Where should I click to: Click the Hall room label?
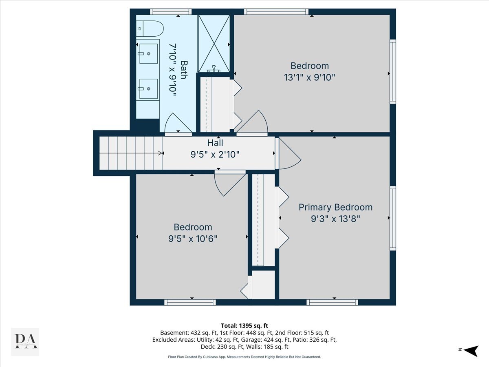pyautogui.click(x=215, y=143)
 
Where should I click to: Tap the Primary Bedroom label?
pyautogui.click(x=335, y=208)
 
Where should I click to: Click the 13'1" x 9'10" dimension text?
pyautogui.click(x=309, y=77)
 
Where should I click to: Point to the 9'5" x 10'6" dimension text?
pyautogui.click(x=193, y=239)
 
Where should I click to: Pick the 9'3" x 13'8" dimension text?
pyautogui.click(x=335, y=219)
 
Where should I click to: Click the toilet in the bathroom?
pyautogui.click(x=150, y=29)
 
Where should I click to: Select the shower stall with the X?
pyautogui.click(x=214, y=44)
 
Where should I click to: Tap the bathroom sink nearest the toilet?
pyautogui.click(x=148, y=54)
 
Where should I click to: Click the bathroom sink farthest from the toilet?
pyautogui.click(x=148, y=88)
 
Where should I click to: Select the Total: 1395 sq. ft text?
pyautogui.click(x=244, y=326)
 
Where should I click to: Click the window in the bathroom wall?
pyautogui.click(x=171, y=11)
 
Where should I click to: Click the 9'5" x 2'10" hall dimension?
pyautogui.click(x=215, y=154)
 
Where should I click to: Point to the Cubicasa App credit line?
pyautogui.click(x=244, y=357)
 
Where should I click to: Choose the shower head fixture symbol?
pyautogui.click(x=214, y=69)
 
